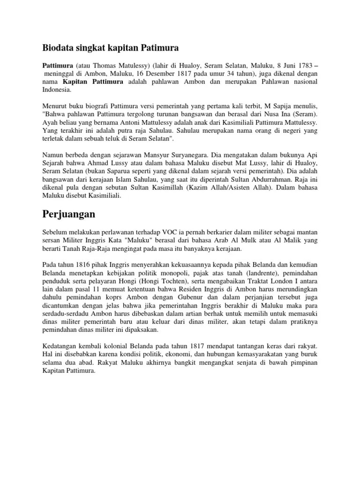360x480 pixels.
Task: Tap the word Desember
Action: tap(145, 74)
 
